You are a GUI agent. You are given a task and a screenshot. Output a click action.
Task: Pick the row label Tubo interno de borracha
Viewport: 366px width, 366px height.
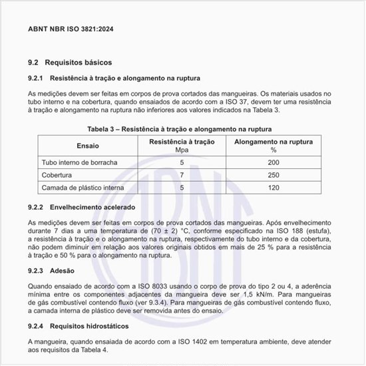(x=80, y=162)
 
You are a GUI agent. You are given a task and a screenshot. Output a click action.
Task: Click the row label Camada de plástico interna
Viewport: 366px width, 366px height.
(x=83, y=188)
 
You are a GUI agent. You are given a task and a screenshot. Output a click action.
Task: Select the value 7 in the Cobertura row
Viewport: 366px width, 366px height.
(x=182, y=175)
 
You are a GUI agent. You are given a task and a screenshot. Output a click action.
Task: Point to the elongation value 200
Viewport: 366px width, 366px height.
(x=274, y=162)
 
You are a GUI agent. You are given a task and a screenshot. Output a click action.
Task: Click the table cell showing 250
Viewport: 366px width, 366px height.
(x=274, y=175)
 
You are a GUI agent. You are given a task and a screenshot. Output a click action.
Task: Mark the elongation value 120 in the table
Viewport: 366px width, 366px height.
(x=274, y=188)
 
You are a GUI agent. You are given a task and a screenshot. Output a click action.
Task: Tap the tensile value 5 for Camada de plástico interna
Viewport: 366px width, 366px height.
(x=182, y=188)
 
